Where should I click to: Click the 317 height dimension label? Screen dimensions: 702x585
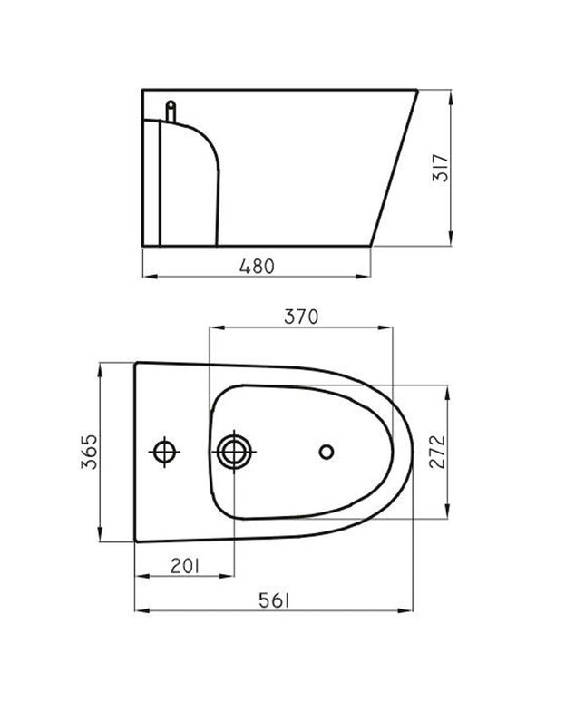point(441,166)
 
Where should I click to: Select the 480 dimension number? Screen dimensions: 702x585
point(256,265)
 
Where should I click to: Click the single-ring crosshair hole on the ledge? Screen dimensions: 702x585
point(164,450)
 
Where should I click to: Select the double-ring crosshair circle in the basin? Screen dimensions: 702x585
point(235,450)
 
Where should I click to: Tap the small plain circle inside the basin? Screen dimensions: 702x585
point(327,451)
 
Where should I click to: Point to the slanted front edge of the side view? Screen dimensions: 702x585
point(395,168)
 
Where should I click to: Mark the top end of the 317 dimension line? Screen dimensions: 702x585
point(451,89)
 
